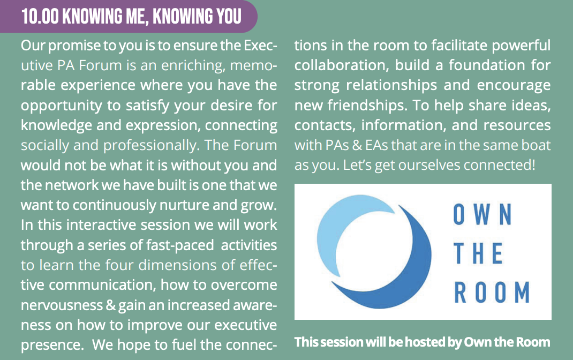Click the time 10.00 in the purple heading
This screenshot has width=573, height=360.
coord(40,17)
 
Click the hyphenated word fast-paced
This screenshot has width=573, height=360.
coord(180,245)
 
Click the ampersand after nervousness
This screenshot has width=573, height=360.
coord(110,305)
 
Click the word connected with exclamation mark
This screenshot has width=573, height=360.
coord(500,165)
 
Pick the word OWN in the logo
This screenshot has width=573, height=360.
coord(482,214)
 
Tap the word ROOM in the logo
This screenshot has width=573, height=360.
coord(492,292)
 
